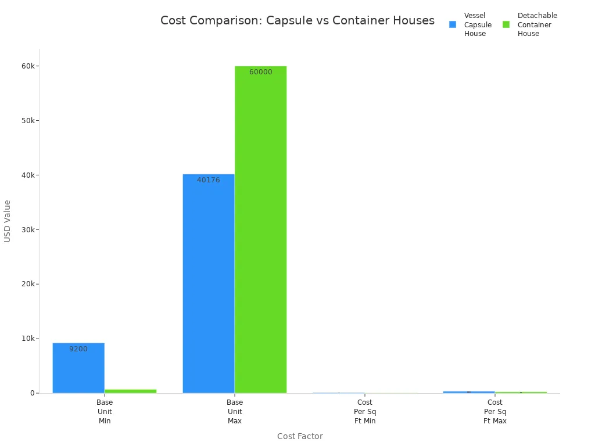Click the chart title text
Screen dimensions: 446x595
[297, 21]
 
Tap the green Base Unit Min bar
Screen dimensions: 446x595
[130, 391]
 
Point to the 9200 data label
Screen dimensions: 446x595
[78, 349]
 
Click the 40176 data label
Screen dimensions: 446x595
[209, 180]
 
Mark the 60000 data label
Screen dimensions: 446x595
[260, 72]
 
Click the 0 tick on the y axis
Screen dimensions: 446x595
[33, 393]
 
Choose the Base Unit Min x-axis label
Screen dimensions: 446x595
[105, 411]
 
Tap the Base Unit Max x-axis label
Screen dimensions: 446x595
[235, 411]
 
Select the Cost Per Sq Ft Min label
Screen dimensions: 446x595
[365, 411]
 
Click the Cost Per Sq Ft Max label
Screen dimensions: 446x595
[495, 411]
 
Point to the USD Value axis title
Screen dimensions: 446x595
[8, 221]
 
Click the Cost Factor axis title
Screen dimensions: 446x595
[300, 436]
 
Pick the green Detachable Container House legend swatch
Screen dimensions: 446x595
[506, 24]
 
